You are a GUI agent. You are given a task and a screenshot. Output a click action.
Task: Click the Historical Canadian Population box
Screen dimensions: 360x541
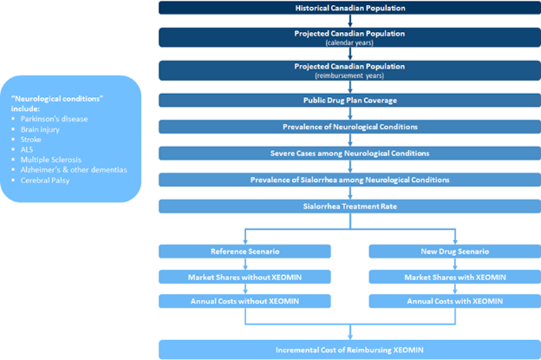pos(349,8)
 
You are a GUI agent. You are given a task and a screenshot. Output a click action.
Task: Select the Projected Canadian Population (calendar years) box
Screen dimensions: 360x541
pos(349,37)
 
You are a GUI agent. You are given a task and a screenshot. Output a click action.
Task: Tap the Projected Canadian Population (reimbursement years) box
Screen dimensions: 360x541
pos(349,70)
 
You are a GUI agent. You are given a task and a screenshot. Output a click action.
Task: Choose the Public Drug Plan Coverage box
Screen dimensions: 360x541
pos(349,100)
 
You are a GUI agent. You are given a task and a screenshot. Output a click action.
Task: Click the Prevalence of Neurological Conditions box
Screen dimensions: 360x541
pos(349,127)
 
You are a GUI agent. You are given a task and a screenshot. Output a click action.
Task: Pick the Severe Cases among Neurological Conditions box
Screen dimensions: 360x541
pos(349,153)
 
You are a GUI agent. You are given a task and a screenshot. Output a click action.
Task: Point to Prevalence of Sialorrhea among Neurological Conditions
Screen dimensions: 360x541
pos(349,180)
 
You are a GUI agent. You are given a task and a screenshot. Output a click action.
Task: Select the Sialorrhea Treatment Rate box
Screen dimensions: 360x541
pos(349,206)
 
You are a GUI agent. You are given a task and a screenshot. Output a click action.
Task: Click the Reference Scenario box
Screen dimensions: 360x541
pos(245,251)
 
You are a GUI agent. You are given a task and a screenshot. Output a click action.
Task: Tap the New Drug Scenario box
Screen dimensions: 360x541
pos(455,251)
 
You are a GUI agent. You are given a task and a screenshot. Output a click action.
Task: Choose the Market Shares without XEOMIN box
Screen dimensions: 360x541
pos(245,277)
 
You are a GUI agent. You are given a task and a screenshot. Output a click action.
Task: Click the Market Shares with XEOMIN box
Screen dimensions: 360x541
pos(455,277)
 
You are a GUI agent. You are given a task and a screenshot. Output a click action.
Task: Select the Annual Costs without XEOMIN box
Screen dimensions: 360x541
pos(245,301)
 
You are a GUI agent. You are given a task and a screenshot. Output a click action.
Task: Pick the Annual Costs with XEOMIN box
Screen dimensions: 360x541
pos(455,301)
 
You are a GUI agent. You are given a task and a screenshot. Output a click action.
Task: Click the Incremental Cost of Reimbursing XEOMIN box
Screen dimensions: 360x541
pos(349,350)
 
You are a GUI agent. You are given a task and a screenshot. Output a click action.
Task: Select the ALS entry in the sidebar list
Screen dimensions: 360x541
pos(27,149)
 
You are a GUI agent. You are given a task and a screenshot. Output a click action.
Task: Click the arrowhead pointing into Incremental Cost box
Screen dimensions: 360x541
pos(350,337)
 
